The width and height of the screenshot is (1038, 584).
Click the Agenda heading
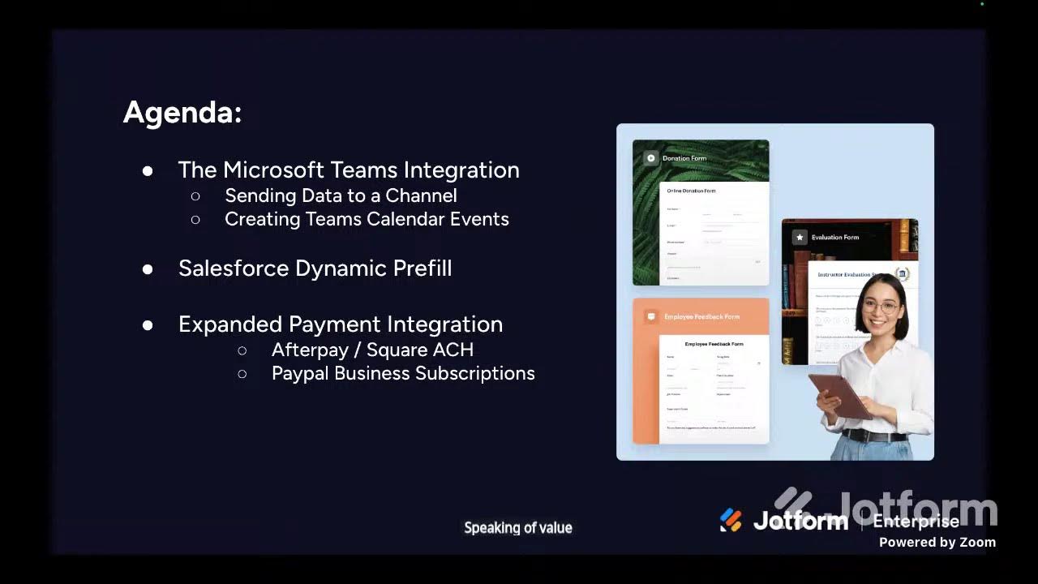[x=182, y=113]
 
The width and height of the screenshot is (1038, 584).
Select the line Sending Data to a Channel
[x=341, y=195]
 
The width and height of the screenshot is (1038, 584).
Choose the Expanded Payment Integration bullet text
[x=341, y=324]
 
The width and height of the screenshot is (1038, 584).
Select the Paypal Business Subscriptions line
[x=403, y=373]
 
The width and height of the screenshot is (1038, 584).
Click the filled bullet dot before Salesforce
[x=148, y=269]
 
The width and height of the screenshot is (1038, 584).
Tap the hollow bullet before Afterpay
[x=242, y=350]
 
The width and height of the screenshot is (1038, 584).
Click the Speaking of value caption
[x=518, y=528]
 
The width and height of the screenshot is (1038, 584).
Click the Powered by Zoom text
[x=937, y=542]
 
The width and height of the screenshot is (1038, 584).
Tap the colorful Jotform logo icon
[x=731, y=520]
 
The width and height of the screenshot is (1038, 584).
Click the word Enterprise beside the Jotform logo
[x=916, y=521]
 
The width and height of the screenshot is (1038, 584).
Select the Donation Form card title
[x=684, y=158]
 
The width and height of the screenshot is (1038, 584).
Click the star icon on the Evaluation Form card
[x=800, y=238]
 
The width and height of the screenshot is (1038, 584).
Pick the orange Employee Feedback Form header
[x=701, y=316]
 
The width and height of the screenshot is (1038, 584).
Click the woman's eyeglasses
[x=881, y=307]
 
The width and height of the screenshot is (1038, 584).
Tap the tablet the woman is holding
[x=840, y=393]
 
